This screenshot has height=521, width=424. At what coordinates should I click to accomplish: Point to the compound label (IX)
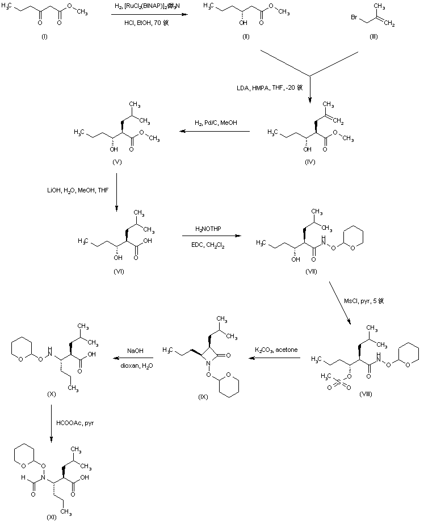click(203, 396)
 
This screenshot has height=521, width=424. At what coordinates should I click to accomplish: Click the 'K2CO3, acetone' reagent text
click(277, 348)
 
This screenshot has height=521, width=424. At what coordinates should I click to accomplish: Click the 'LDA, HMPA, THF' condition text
click(269, 88)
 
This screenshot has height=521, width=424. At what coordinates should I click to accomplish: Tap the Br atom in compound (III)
click(355, 26)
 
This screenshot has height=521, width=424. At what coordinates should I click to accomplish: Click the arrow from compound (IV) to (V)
click(215, 132)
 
